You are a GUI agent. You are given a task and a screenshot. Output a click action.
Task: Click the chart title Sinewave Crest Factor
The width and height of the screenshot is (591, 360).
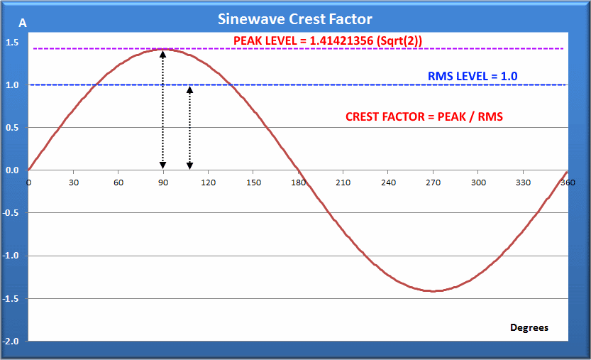[x=295, y=19]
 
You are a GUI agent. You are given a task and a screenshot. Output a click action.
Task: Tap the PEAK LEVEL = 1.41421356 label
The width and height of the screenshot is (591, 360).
[x=328, y=40]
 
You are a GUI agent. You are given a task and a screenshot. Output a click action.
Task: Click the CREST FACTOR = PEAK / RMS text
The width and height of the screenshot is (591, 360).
[x=424, y=116]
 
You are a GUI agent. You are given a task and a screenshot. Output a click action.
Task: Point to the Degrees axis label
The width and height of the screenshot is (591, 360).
[x=529, y=327]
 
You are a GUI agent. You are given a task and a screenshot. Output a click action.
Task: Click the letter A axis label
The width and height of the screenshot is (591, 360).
[x=23, y=23]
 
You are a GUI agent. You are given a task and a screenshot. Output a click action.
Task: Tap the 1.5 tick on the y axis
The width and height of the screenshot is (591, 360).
[x=12, y=43]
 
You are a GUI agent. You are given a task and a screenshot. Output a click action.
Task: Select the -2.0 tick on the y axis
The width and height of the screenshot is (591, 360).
[x=11, y=341]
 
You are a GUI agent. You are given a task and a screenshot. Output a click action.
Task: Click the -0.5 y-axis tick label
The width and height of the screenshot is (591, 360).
[x=11, y=213]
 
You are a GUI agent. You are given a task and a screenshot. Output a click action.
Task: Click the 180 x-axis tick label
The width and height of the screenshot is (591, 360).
[x=298, y=182]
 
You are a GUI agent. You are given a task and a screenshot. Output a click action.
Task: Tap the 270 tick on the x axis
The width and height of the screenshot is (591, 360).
[x=433, y=182]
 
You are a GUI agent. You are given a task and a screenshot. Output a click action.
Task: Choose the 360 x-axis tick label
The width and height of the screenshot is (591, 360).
[x=567, y=182]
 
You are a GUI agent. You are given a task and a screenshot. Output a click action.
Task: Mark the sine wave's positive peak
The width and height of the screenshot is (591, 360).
[x=163, y=49]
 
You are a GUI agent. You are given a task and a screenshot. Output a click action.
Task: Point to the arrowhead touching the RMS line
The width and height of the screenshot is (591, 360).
[x=189, y=89]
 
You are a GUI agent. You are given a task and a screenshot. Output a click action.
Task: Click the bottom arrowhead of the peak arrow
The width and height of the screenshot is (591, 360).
[x=163, y=165]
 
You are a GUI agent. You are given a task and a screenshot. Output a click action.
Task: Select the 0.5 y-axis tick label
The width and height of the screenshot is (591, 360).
[x=12, y=128]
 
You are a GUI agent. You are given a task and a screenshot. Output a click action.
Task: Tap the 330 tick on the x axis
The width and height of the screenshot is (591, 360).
[x=523, y=182]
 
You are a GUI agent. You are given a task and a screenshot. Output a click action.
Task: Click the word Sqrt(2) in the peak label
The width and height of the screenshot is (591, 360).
[x=402, y=40]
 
